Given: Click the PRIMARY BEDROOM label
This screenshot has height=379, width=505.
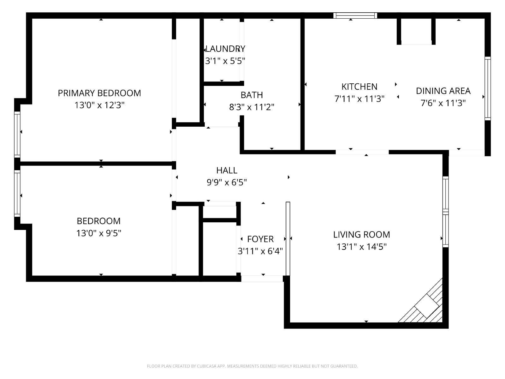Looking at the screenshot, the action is (x=99, y=93).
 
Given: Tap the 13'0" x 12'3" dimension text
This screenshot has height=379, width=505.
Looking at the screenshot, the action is (x=99, y=105).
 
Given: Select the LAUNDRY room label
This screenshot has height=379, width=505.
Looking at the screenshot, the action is (x=225, y=49).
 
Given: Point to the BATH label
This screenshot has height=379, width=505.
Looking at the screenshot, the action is (x=252, y=95).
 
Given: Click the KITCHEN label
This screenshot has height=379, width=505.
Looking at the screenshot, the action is (x=359, y=87).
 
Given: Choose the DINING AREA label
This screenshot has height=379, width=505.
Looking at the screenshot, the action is (x=443, y=91).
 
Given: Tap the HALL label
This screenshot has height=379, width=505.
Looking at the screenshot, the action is (x=227, y=171).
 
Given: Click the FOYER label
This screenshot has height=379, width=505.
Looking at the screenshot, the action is (x=260, y=239).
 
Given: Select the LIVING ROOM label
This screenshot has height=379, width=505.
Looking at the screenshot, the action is (x=362, y=235).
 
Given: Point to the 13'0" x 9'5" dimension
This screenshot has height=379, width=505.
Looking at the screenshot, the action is (x=99, y=233).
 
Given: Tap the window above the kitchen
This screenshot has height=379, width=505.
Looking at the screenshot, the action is (x=355, y=15).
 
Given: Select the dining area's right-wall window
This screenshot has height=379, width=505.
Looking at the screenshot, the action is (x=488, y=89).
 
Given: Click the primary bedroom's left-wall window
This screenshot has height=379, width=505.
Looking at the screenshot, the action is (x=17, y=135).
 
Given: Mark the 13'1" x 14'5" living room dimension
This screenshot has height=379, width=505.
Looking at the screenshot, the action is (x=362, y=247).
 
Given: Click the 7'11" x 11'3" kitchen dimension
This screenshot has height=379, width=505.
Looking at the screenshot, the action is (x=359, y=99).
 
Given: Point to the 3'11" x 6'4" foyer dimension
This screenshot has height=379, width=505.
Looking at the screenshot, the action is (x=260, y=251).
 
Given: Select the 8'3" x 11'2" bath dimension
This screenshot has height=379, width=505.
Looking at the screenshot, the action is (x=252, y=107).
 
